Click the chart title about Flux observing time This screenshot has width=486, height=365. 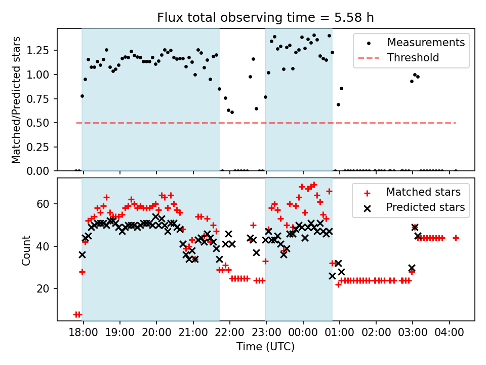(265, 18)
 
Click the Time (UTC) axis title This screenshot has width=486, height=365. (265, 347)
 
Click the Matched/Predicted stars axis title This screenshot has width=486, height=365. (17, 100)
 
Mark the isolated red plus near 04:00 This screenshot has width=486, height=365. (456, 238)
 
